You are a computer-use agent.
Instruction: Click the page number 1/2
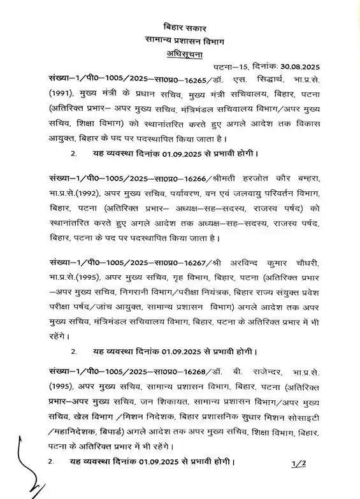(x=297, y=462)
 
